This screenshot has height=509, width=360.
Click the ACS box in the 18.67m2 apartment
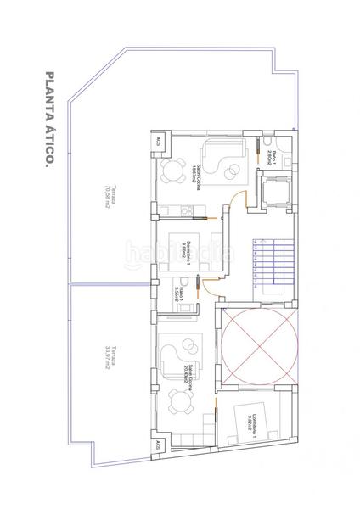coord(157,143)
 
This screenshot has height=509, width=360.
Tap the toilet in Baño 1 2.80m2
coord(267,141)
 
